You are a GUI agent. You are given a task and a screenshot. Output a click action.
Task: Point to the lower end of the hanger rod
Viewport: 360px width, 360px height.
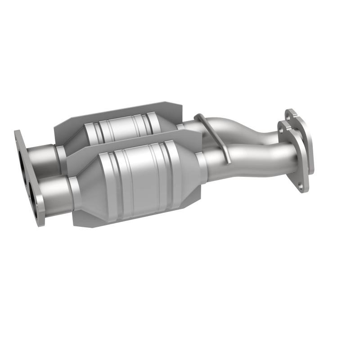tap(229, 160)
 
